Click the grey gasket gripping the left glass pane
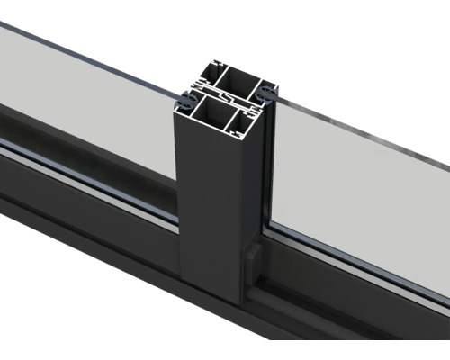tap(184, 96)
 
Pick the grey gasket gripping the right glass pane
tap(269, 90)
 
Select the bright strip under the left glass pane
tap(90, 171)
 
